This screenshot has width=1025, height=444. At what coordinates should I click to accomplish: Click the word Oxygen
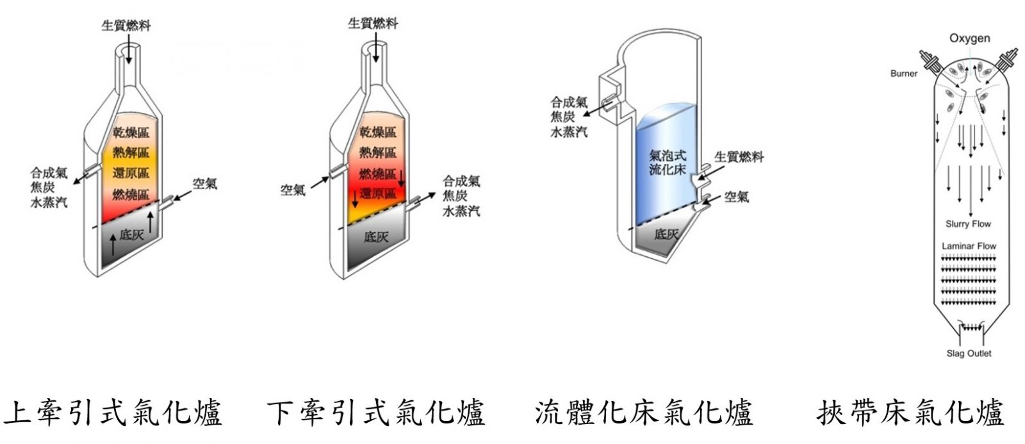pos(970,38)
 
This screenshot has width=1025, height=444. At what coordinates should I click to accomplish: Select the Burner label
pos(904,73)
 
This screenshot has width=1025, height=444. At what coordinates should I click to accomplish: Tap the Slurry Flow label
pos(968,224)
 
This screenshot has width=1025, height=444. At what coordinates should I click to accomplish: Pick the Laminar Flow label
pos(969,246)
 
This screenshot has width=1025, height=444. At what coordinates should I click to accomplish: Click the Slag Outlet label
pos(969,354)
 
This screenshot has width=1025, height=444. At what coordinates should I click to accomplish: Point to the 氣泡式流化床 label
pos(668,162)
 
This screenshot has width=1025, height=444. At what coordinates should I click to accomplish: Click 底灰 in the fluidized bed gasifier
pos(666,234)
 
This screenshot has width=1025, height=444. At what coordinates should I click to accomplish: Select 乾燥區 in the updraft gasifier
pos(131,133)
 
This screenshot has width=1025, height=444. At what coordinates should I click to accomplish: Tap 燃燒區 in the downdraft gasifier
pos(377,174)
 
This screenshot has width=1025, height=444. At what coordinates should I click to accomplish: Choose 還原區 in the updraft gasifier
pos(131,173)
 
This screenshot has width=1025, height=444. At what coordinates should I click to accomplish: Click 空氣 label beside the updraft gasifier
pos(204,183)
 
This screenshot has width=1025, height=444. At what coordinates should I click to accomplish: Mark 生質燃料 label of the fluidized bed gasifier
pos(739,157)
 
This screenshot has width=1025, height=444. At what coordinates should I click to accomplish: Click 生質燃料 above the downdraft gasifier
pos(373,23)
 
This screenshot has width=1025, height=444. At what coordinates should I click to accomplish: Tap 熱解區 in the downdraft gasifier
pos(377,152)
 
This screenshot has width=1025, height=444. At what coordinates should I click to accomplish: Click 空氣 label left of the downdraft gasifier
pos(293,190)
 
